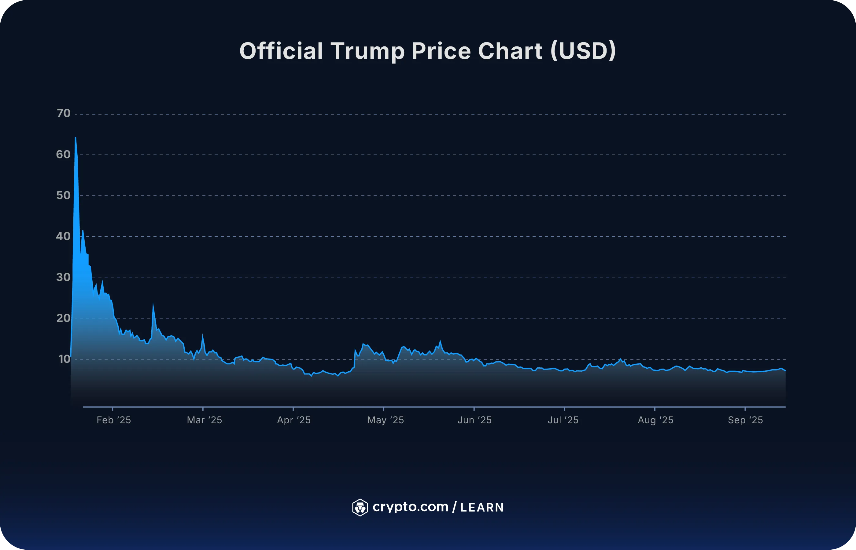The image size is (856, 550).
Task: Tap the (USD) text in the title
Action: click(583, 51)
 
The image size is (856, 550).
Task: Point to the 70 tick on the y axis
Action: click(64, 113)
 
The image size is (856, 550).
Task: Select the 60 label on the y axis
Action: click(63, 154)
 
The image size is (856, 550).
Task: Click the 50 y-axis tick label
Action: click(63, 195)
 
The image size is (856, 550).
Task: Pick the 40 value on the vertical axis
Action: click(63, 236)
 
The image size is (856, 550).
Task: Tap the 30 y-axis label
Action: click(63, 277)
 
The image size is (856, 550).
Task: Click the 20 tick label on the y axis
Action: click(63, 318)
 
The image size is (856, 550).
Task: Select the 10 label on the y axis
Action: click(64, 359)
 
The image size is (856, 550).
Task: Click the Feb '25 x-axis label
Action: click(114, 420)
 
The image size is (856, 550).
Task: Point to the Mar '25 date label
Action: click(205, 420)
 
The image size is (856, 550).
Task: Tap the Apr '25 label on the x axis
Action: click(294, 420)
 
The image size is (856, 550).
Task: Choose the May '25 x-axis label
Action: click(385, 420)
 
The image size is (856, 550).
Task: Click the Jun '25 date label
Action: click(474, 420)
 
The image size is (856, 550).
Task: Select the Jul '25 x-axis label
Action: click(563, 420)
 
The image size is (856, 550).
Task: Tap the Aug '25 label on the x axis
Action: click(655, 420)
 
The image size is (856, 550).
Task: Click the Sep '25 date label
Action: click(745, 420)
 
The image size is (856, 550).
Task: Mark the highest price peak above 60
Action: click(76, 138)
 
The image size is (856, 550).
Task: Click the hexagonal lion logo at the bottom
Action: click(360, 508)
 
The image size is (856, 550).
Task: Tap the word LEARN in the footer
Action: click(482, 508)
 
